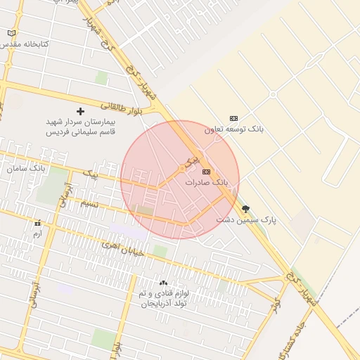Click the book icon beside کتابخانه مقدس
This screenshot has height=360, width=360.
[11, 33]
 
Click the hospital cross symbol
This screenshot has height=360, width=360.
[80, 111]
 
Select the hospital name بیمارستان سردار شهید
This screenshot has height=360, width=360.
[80, 122]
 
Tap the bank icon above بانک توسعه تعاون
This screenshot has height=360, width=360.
[233, 118]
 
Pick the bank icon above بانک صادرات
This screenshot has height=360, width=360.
[206, 172]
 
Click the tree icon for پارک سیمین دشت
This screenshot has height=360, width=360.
[245, 209]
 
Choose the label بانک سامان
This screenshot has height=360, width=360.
[25, 169]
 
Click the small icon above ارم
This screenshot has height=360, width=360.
[37, 224]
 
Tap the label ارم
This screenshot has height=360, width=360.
[37, 233]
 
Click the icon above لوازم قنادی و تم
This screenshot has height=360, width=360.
[163, 283]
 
